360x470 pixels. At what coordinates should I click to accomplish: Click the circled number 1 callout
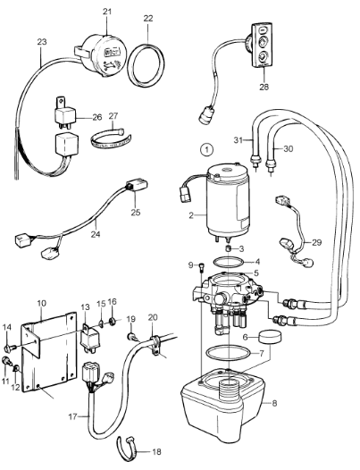(x=207, y=149)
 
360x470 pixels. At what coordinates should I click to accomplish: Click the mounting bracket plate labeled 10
(x=48, y=351)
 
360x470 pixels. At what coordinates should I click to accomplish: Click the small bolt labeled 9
(x=200, y=266)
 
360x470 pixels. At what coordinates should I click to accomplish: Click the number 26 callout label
(x=96, y=116)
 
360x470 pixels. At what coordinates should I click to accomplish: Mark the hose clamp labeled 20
(x=155, y=344)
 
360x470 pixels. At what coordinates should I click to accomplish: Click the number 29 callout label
(x=316, y=242)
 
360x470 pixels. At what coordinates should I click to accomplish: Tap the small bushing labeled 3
(x=228, y=248)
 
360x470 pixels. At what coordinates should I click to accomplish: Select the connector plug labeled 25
(x=137, y=185)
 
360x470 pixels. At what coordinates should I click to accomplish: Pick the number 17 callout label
(x=73, y=416)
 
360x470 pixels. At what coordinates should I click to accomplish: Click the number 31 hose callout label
(x=239, y=139)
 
